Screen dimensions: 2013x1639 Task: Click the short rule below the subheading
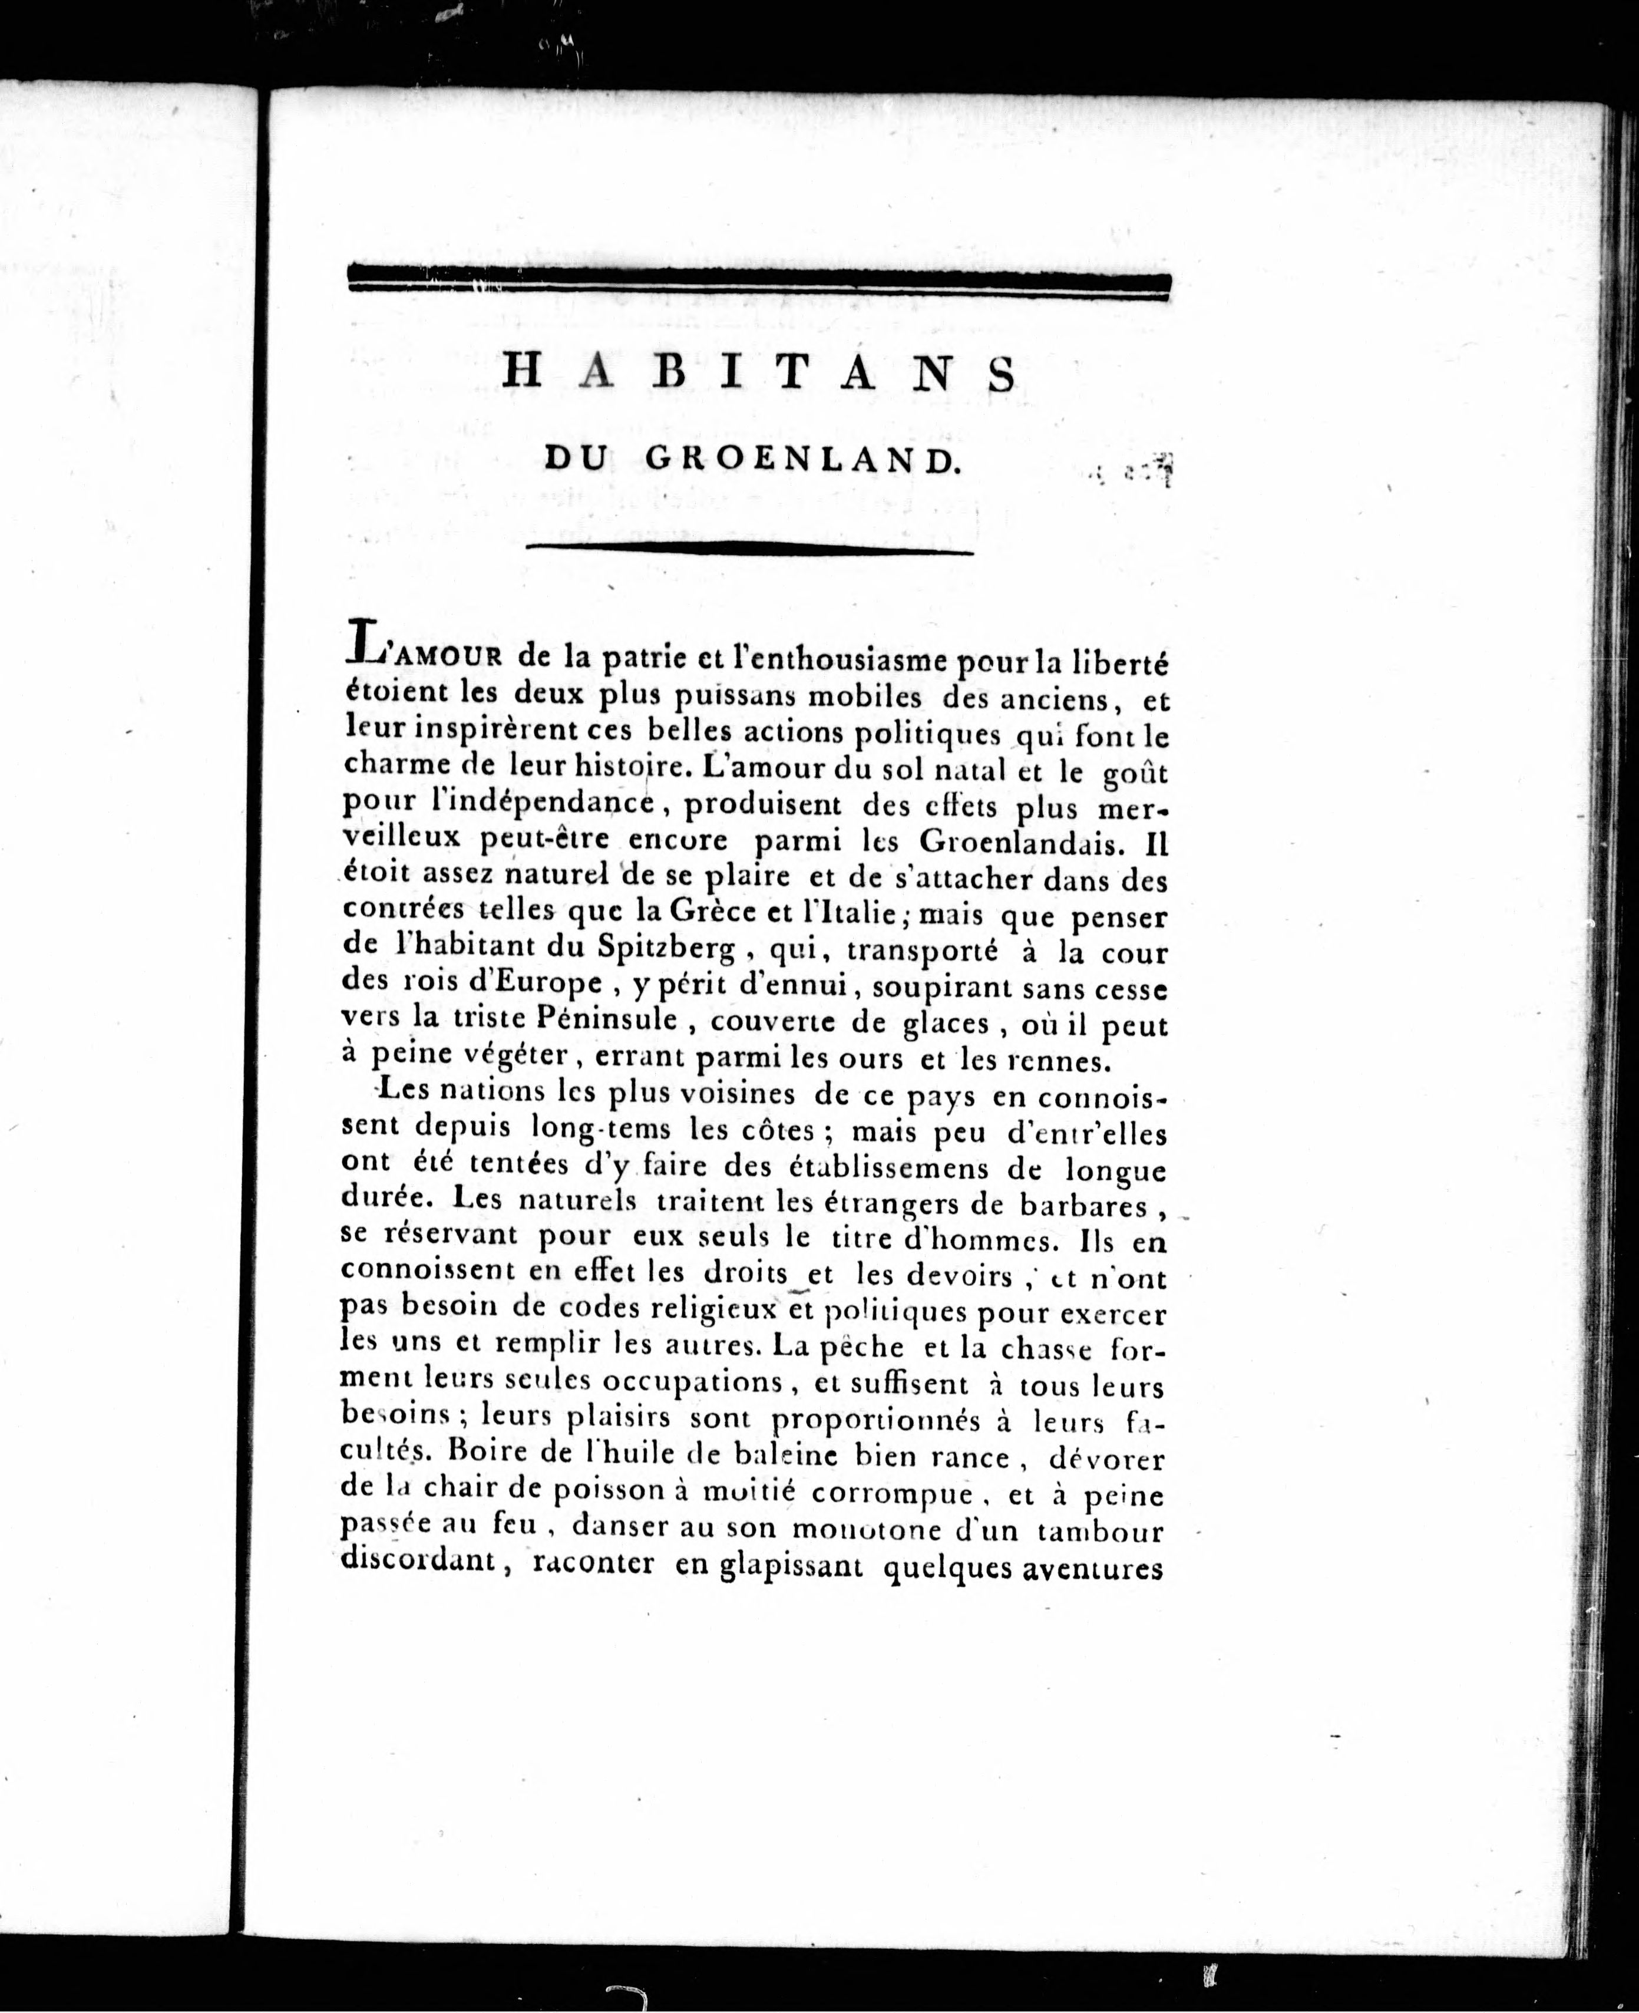click(x=749, y=547)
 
